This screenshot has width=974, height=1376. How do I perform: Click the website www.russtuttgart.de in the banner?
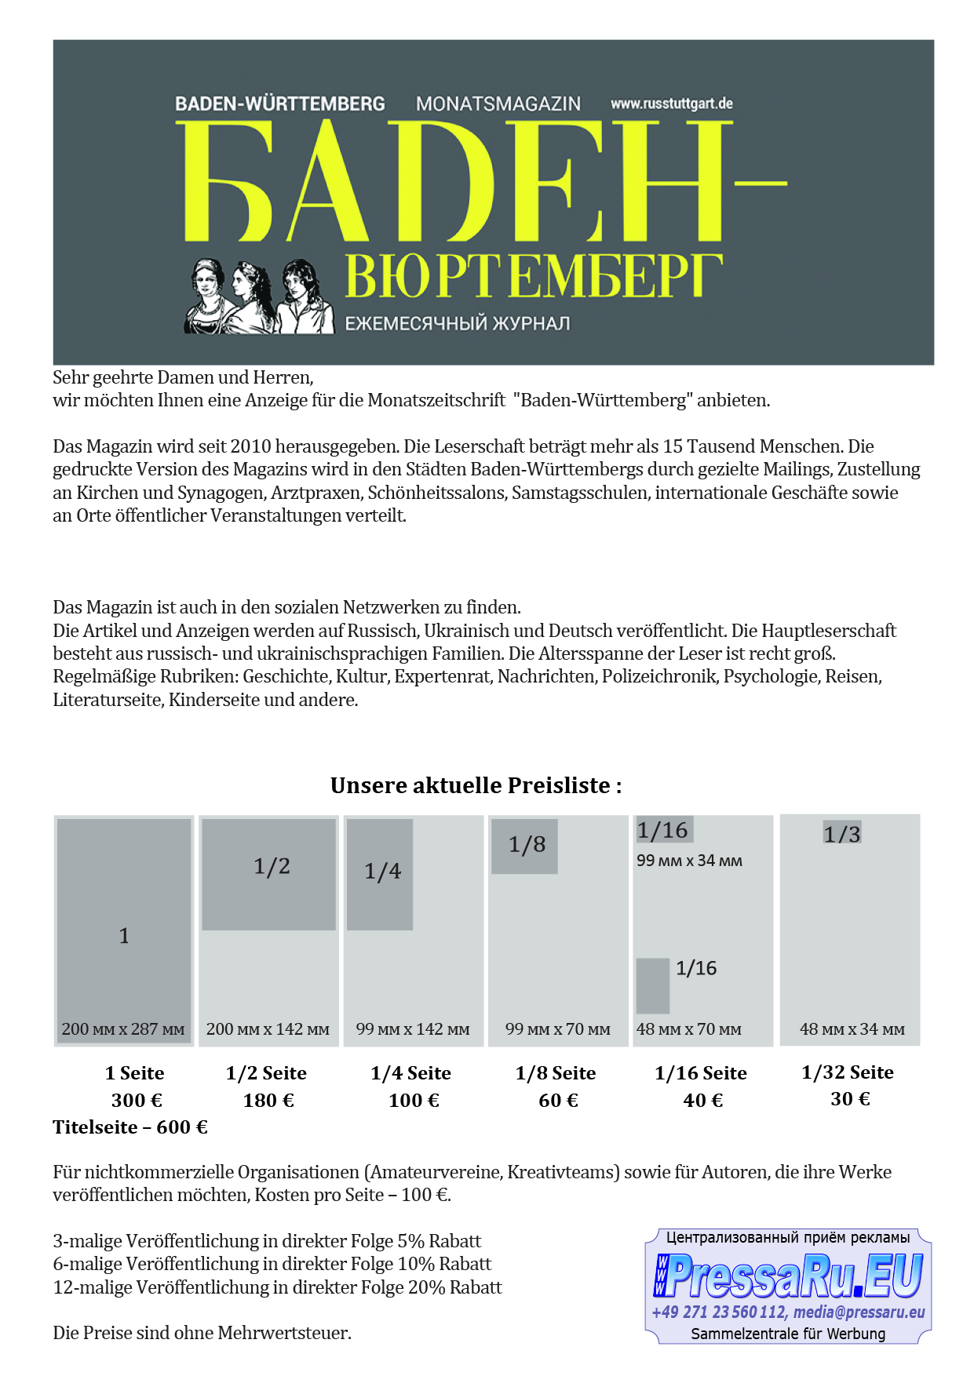[x=671, y=104]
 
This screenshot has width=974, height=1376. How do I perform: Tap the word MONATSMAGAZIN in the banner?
[x=498, y=104]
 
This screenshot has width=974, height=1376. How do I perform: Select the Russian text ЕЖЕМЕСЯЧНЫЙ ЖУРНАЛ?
[x=458, y=323]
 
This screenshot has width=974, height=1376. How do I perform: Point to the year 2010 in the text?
[x=251, y=446]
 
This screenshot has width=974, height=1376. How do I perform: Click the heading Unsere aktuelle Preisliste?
[x=476, y=785]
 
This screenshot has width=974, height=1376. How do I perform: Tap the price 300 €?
[x=137, y=1100]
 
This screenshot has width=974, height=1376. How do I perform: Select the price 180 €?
[x=268, y=1100]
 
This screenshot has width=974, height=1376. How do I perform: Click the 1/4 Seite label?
[x=410, y=1072]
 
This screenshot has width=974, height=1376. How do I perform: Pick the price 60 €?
[x=558, y=1100]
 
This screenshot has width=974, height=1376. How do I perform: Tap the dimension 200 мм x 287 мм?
[x=123, y=1028]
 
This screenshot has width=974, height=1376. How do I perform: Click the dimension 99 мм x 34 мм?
[x=689, y=861]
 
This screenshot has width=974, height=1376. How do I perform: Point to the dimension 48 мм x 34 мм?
[x=852, y=1028]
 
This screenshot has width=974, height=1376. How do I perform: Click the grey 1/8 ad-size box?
[x=524, y=846]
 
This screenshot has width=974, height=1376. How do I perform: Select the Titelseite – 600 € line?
[x=130, y=1127]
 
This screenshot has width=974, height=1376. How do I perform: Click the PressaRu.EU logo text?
[x=788, y=1276]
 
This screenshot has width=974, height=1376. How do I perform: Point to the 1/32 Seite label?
[x=848, y=1072]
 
